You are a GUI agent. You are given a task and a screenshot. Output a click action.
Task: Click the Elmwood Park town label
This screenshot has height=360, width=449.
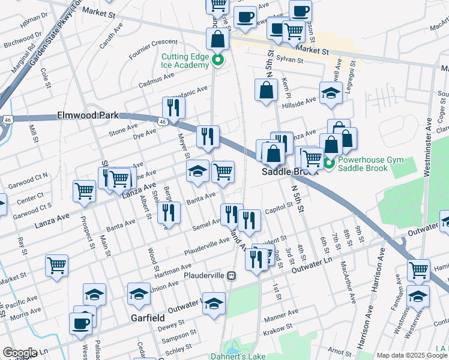click(x=89, y=115)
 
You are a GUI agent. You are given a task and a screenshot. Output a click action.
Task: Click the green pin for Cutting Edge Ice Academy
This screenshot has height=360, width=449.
click(x=218, y=60)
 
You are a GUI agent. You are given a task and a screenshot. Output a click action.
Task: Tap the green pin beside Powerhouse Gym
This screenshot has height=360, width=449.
click(x=328, y=163)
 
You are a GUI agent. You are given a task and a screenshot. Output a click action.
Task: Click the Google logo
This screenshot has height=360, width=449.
click(x=19, y=353)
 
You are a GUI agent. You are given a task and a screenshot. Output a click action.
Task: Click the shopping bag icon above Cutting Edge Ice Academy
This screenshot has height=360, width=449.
click(x=217, y=39)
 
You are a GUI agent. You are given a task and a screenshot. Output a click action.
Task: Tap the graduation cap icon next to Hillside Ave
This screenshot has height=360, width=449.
click(x=330, y=93)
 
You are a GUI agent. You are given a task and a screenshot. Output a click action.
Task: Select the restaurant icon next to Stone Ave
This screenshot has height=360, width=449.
click(x=173, y=108)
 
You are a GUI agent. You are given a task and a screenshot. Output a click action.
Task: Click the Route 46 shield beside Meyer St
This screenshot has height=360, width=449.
click(x=163, y=122)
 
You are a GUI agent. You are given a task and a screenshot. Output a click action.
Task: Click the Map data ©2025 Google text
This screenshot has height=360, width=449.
click(x=412, y=355)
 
